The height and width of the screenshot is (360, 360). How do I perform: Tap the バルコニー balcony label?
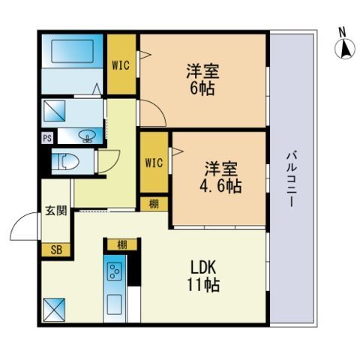tap(292, 179)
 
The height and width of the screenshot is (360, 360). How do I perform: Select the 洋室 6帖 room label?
tap(202, 79)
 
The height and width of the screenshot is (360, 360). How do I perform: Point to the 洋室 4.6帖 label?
tap(220, 177)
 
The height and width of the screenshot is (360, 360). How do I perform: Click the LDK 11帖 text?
tap(203, 276)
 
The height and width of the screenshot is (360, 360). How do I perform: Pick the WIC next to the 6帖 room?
tap(121, 65)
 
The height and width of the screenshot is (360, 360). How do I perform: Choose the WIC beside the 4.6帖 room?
tap(154, 163)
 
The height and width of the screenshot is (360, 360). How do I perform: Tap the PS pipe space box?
tap(47, 138)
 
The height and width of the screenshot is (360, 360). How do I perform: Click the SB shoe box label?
tap(56, 250)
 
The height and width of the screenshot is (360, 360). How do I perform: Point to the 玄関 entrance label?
tap(56, 211)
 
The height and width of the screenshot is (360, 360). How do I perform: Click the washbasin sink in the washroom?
tap(87, 136)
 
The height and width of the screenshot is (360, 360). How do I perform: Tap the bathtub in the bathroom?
tap(73, 51)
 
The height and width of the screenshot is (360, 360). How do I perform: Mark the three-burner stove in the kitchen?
tap(115, 271)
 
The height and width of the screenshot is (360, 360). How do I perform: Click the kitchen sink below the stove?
tap(115, 304)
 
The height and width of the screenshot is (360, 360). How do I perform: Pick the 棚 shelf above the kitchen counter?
tap(122, 244)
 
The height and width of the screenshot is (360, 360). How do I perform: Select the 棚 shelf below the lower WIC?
tap(154, 204)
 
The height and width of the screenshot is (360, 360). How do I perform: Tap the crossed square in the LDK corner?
tap(54, 310)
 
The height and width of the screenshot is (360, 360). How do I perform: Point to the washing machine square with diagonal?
tap(54, 111)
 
